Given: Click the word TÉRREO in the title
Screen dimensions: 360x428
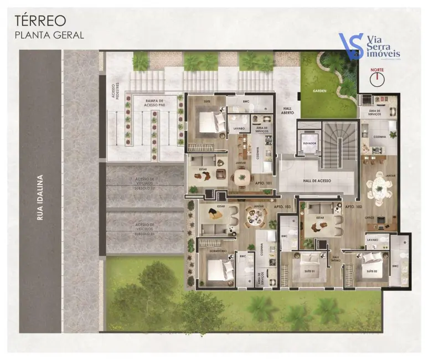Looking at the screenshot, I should [40, 20].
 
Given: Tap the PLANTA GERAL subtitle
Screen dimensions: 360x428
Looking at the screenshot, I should [49, 35].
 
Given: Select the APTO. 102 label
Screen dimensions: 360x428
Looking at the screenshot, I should [353, 207].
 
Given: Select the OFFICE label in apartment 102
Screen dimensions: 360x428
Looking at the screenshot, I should [370, 218].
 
